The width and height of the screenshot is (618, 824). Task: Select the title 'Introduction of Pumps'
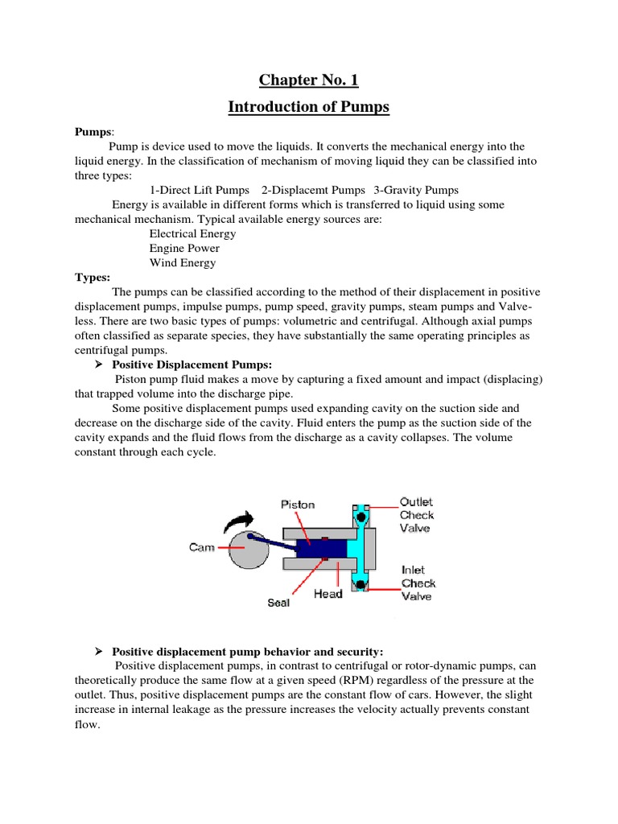click(308, 107)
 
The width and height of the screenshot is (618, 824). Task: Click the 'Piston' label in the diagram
click(298, 505)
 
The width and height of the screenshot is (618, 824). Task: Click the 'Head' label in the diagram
click(328, 594)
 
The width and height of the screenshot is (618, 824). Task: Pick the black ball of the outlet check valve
click(363, 515)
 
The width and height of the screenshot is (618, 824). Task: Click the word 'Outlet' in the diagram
click(416, 502)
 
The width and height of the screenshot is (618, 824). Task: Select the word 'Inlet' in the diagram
click(413, 570)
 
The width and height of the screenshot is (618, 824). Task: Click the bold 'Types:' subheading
click(93, 277)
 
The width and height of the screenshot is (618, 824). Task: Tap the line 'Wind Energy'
click(183, 262)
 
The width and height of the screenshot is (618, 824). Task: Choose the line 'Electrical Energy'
click(192, 233)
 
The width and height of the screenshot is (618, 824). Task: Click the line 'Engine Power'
click(184, 248)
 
